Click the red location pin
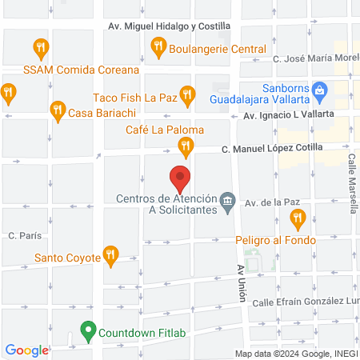coord(179,177)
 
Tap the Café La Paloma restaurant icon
coord(186,146)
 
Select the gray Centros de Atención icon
coord(228,199)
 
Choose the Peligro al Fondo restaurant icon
coord(298,217)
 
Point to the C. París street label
coord(24,236)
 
